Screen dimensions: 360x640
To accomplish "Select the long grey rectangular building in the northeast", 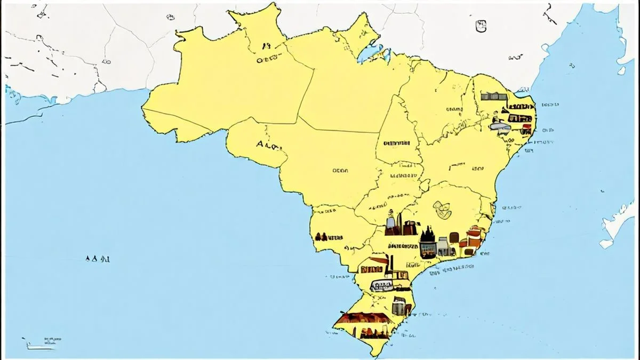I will tap(494, 97).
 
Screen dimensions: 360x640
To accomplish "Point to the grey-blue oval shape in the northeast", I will tap(500, 126).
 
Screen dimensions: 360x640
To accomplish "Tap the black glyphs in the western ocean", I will tap(98, 259).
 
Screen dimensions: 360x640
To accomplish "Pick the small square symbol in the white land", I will tap(481, 25).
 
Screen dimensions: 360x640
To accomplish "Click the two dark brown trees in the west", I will tap(322, 236).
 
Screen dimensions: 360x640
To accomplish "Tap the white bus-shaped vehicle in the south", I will tap(381, 285).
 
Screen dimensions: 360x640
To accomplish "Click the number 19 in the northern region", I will tap(266, 46).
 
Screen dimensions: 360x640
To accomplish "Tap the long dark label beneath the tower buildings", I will tap(403, 246).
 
